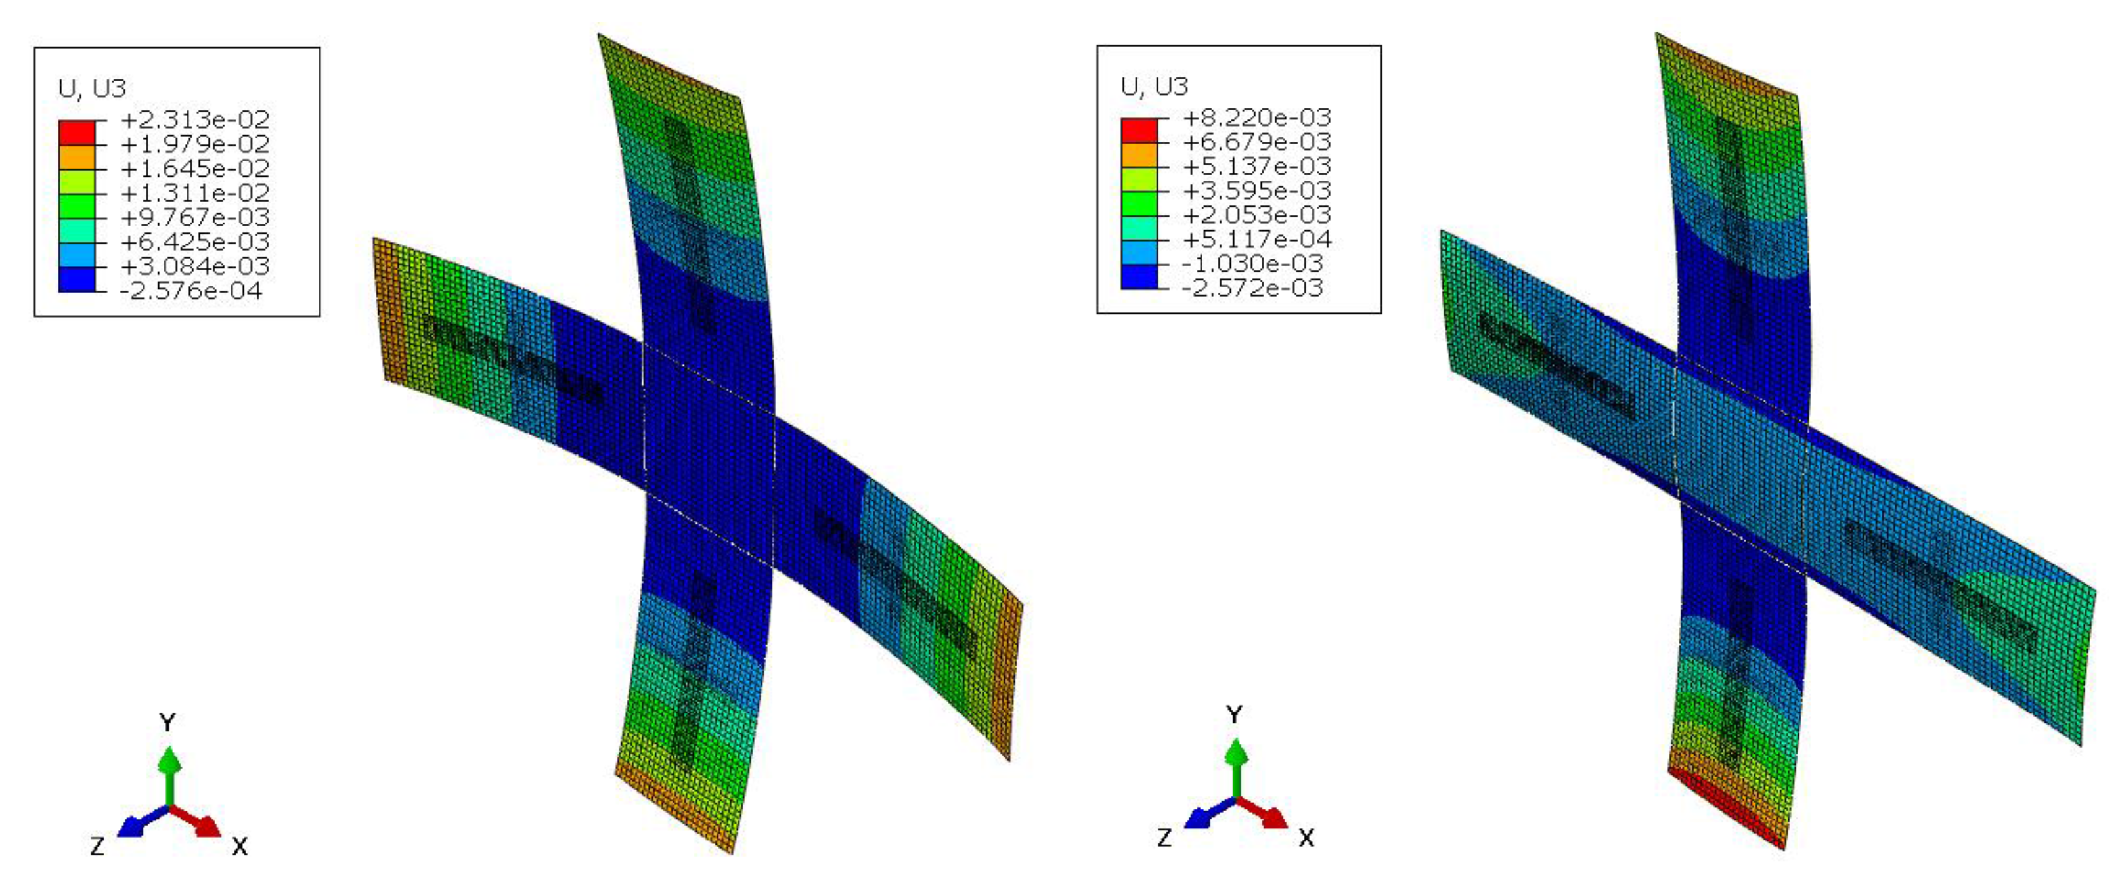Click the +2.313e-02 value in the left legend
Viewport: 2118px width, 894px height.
click(x=195, y=120)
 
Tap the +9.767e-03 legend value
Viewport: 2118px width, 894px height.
click(x=195, y=218)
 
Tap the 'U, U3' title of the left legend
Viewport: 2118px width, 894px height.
click(x=92, y=88)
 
